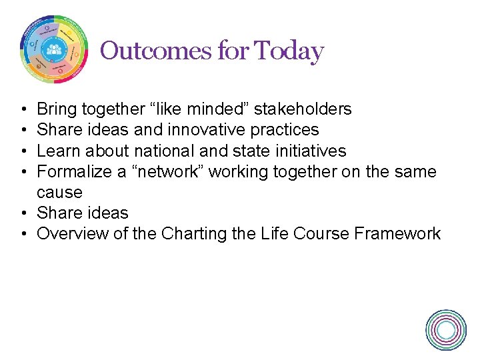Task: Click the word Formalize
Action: (74, 171)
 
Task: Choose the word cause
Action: (59, 192)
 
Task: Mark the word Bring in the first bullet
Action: (55, 109)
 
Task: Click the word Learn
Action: (56, 150)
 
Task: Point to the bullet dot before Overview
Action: (23, 234)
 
